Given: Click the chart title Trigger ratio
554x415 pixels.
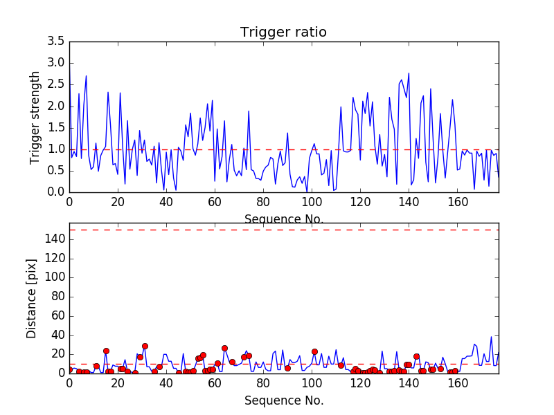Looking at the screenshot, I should coord(283,33).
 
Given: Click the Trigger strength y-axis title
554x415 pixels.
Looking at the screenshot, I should coord(35,117).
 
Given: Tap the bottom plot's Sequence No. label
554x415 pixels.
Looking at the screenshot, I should coord(283,400).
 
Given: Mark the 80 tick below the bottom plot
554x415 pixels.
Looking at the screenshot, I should coord(263,384).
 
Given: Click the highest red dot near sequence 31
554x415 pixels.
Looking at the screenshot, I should coord(145,346).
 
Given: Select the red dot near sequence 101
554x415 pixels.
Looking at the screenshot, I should coord(314,351).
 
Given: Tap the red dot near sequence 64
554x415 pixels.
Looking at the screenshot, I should coord(224,348).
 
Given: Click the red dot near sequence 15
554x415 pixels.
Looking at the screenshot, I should coord(106,351).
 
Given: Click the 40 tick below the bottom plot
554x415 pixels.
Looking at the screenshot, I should coord(166,384).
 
